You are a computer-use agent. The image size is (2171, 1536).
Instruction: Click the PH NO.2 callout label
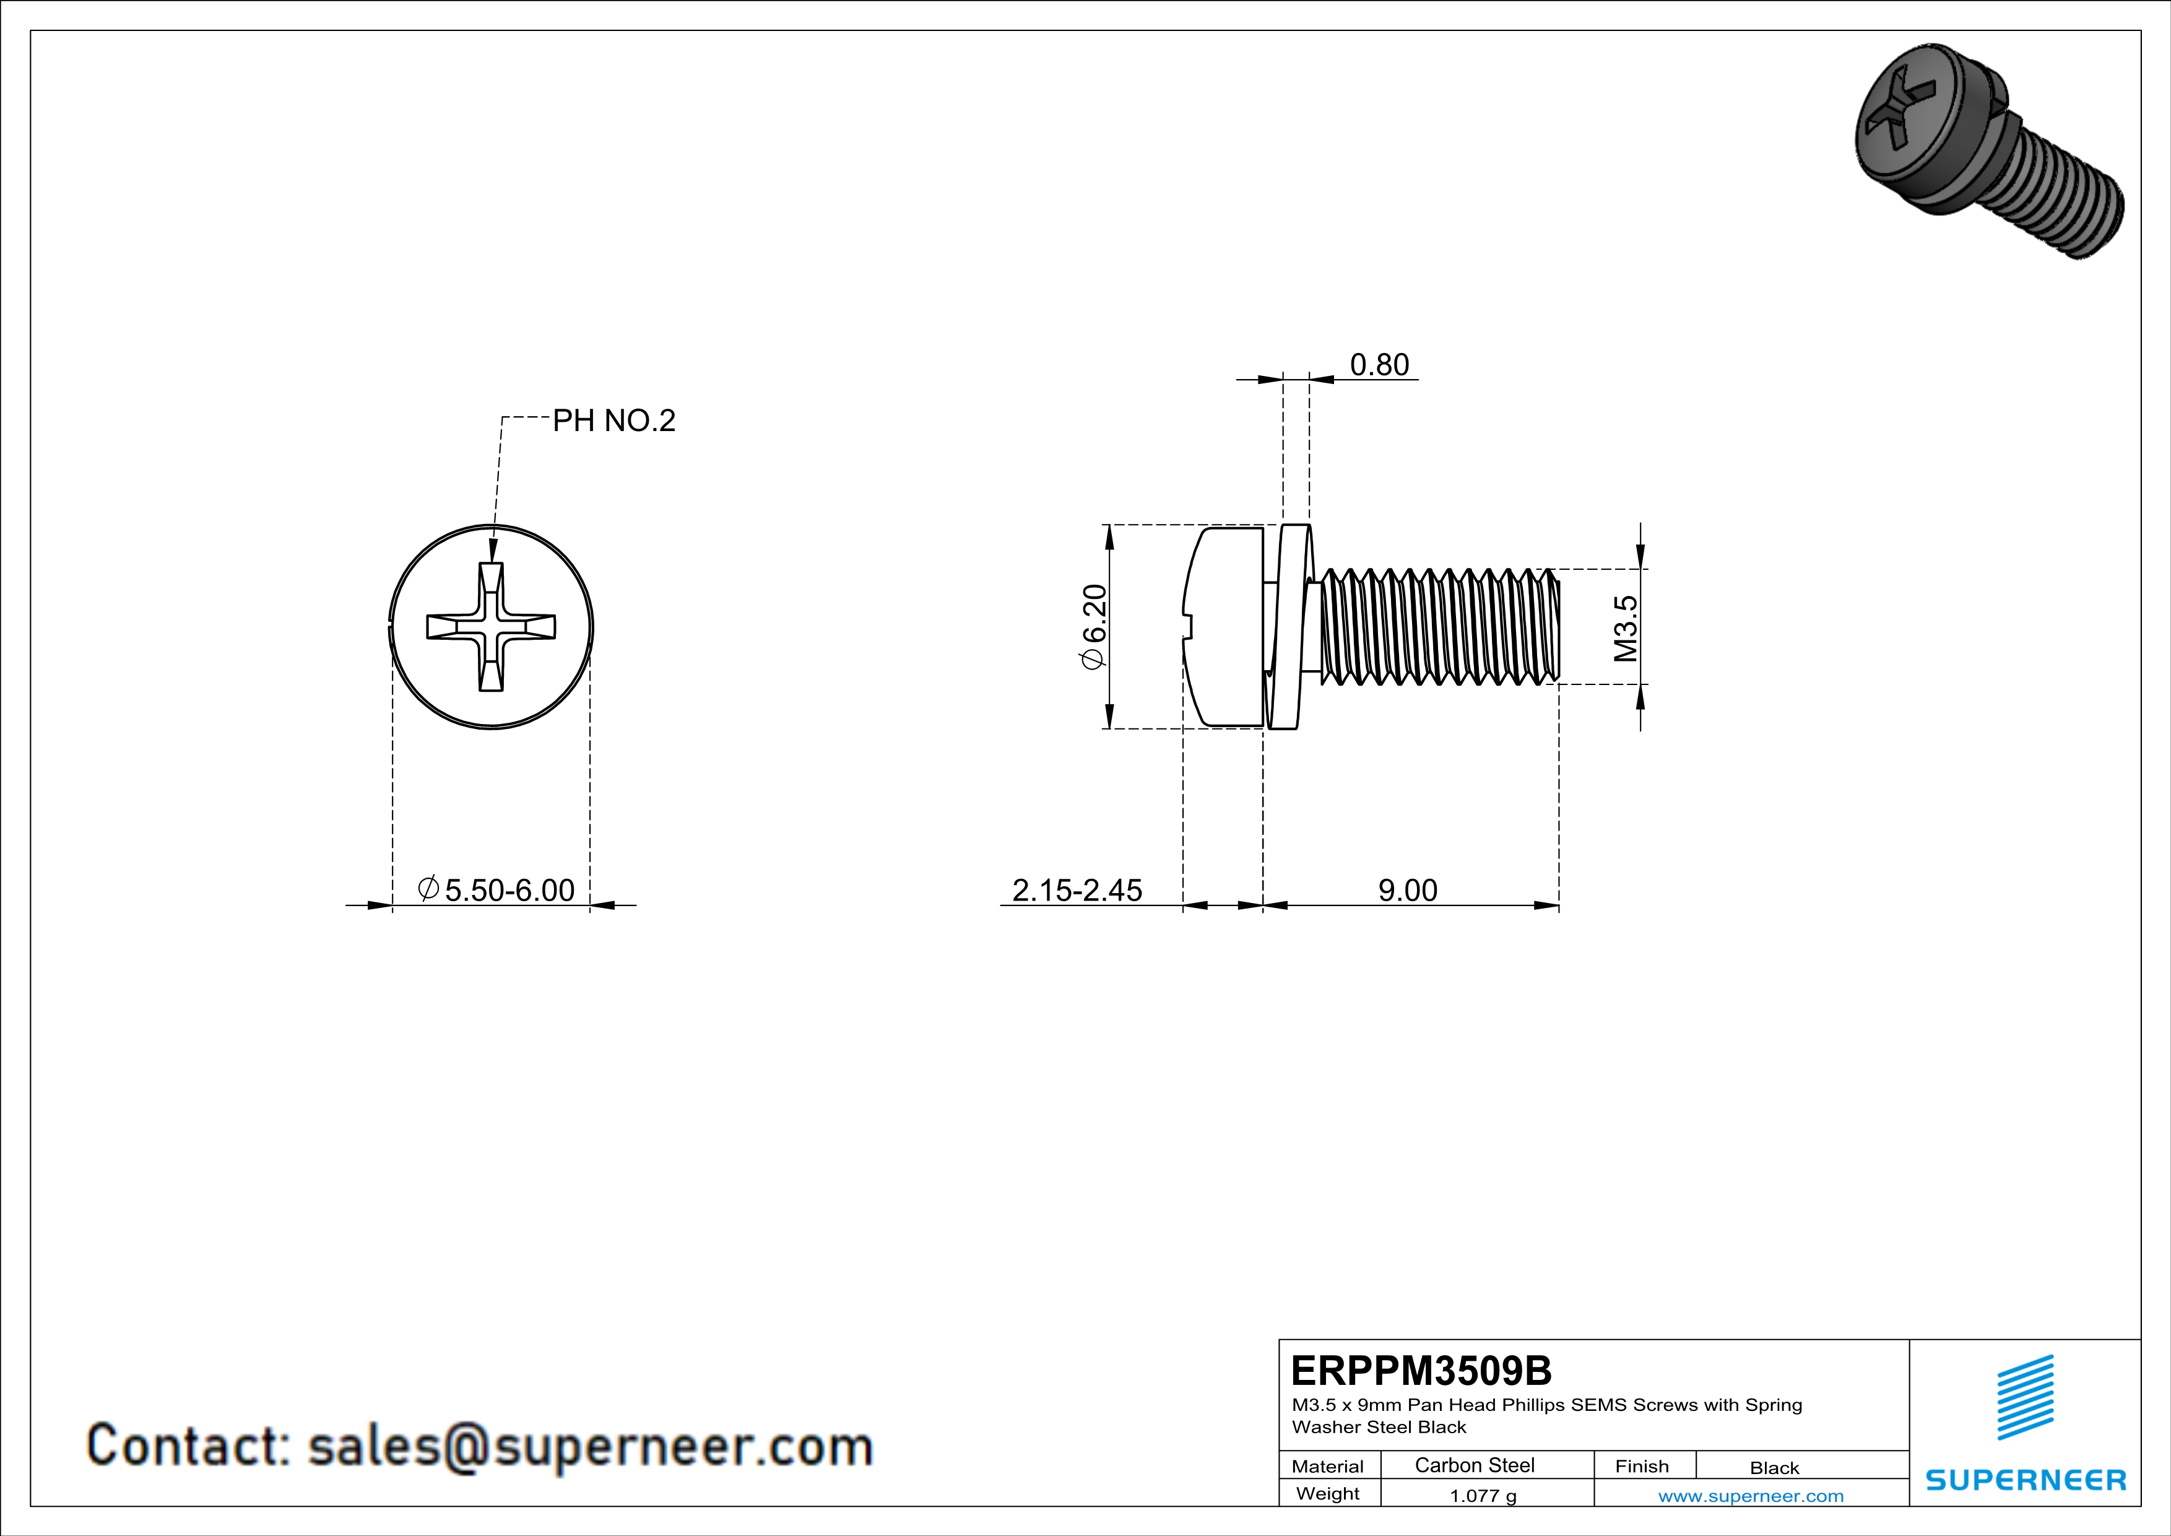click(613, 421)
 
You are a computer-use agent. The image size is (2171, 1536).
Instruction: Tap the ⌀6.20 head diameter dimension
click(1094, 627)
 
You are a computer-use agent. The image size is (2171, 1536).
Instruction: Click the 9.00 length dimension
click(1407, 890)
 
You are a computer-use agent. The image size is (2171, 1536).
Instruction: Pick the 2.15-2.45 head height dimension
click(1077, 890)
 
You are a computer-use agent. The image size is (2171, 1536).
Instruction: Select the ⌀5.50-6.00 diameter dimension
click(496, 890)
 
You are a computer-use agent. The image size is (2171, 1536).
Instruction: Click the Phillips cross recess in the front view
click(491, 627)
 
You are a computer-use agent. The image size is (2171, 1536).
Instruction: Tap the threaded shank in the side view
click(1437, 626)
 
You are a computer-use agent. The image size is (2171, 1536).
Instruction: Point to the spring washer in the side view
click(1288, 627)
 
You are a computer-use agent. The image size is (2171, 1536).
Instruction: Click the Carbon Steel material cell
click(1474, 1465)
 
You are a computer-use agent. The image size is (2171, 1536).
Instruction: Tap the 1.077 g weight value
click(1483, 1495)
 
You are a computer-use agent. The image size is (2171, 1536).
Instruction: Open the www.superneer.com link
click(1750, 1495)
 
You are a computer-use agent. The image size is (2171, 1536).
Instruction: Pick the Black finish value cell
click(1774, 1467)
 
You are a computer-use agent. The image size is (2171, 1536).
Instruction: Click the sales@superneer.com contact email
click(590, 1446)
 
